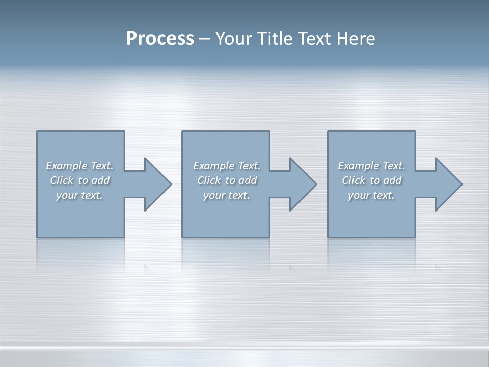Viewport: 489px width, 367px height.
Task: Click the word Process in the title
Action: point(160,39)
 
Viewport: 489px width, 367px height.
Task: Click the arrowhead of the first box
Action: point(157,184)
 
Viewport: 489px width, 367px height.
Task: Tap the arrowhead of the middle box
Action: point(303,184)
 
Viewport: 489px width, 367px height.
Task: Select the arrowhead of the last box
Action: point(448,184)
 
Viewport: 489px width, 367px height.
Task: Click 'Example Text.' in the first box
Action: point(79,166)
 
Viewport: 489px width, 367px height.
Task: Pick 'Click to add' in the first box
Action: point(79,180)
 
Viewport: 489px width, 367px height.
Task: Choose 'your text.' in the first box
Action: point(79,195)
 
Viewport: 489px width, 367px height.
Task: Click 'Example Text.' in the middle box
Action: point(227,166)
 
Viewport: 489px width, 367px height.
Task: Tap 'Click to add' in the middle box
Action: point(227,180)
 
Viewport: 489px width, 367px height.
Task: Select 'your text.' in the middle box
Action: point(227,195)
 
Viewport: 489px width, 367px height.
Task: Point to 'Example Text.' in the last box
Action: point(371,166)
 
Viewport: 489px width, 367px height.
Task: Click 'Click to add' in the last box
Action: point(371,180)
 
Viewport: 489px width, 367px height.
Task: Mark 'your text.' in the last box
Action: point(371,195)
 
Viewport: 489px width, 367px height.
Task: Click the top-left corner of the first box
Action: point(37,132)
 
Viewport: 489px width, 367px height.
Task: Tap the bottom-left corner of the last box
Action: point(328,237)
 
